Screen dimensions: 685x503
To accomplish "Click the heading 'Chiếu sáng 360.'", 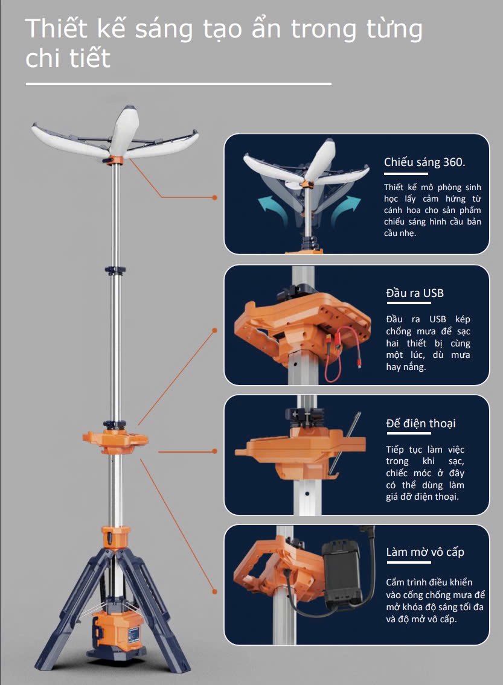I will click(x=425, y=162).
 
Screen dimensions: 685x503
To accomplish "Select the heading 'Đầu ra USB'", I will click(x=415, y=293).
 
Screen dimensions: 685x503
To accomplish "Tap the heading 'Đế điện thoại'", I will click(x=421, y=423).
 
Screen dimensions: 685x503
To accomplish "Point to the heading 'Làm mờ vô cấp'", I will click(x=425, y=552).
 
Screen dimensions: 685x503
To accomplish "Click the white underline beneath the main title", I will click(x=179, y=84).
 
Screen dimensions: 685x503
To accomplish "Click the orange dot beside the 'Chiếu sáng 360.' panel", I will click(x=214, y=197).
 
